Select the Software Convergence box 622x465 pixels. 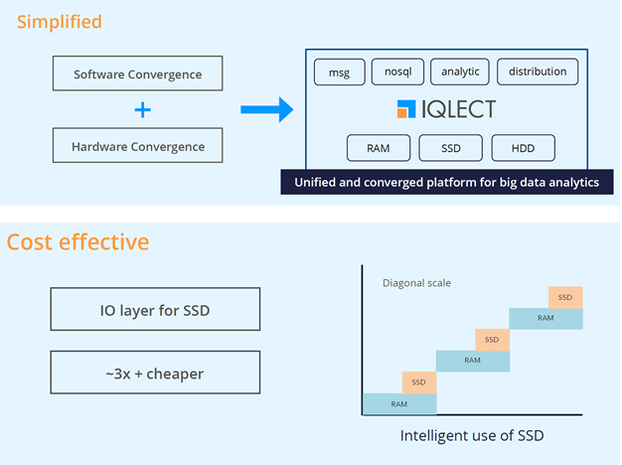click(x=137, y=74)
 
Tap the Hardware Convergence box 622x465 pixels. click(x=137, y=146)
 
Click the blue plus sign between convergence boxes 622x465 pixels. click(x=143, y=109)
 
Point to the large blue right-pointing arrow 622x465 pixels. click(x=266, y=109)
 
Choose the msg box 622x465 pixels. click(x=340, y=72)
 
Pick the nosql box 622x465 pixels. click(x=397, y=72)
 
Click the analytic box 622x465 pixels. click(x=460, y=72)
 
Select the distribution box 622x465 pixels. click(x=537, y=72)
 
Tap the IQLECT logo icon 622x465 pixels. click(x=406, y=109)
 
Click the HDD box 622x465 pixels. click(x=523, y=148)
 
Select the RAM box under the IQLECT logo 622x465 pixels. click(x=378, y=148)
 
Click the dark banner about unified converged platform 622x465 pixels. click(x=440, y=182)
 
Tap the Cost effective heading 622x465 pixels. click(x=78, y=241)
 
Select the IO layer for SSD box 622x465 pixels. click(x=154, y=310)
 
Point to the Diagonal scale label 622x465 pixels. click(x=416, y=283)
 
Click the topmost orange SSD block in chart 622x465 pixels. click(x=564, y=297)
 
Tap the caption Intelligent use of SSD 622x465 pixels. click(x=471, y=435)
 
